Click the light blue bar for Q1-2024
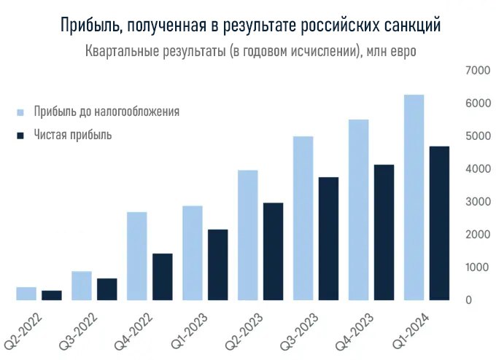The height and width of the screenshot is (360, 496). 414,197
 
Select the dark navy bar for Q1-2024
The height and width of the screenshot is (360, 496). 439,223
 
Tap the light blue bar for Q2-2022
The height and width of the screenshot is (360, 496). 26,293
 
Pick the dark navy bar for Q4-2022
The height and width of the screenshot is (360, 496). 162,276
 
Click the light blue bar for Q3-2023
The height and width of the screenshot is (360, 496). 303,218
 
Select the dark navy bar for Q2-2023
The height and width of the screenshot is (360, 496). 273,251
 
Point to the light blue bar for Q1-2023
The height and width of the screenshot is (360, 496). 193,253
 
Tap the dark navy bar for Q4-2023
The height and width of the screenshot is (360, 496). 384,232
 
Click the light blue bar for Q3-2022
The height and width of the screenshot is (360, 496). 82,285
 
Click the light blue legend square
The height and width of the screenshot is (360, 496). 20,112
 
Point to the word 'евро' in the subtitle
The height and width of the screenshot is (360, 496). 401,53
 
